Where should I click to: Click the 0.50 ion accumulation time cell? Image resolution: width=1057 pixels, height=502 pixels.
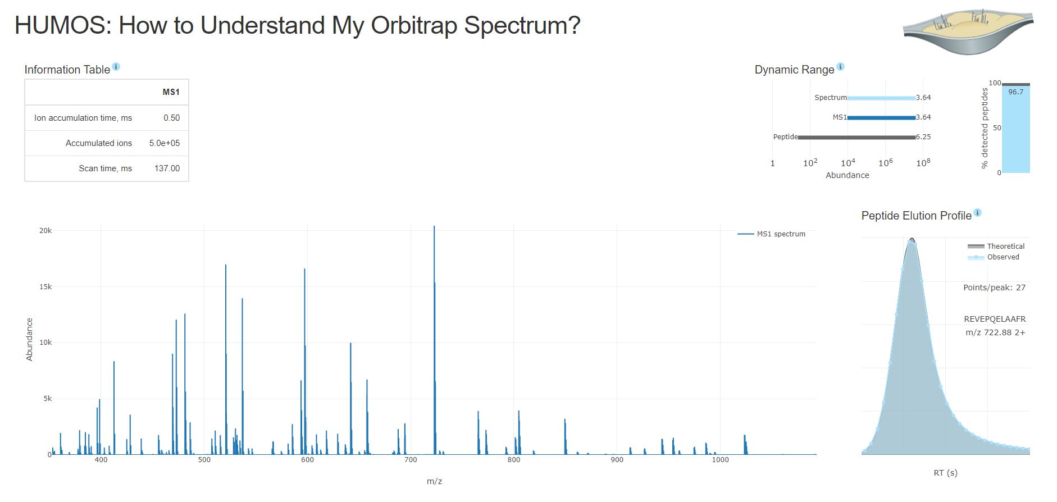point(171,118)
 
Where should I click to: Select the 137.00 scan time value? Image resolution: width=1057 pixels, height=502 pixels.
point(167,168)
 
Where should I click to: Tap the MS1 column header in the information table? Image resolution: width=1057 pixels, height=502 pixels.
point(171,92)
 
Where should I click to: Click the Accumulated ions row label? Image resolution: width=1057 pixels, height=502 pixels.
point(98,143)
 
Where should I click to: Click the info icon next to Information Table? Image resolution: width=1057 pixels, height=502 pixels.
point(116,67)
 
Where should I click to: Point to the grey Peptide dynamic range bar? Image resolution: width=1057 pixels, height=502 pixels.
point(856,137)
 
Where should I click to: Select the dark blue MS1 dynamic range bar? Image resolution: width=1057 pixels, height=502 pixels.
point(881,117)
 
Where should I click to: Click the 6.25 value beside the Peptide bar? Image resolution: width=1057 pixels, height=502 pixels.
point(923,137)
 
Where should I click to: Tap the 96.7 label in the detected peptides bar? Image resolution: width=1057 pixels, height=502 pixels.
point(1015,92)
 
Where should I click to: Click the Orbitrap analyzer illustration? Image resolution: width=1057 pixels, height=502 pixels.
point(968,31)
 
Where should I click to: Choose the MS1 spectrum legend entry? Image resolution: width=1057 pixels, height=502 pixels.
point(780,234)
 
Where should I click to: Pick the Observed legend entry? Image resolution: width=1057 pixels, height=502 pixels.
point(1003,257)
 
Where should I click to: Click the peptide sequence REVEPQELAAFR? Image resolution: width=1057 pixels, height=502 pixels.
point(995,319)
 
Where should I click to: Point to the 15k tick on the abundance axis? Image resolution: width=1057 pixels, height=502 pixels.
point(45,287)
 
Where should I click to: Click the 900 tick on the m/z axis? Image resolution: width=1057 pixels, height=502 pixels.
point(617,460)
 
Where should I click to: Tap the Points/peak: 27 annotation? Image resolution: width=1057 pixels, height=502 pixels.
point(994,287)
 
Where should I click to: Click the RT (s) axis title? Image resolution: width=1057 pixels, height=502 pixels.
point(945,473)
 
